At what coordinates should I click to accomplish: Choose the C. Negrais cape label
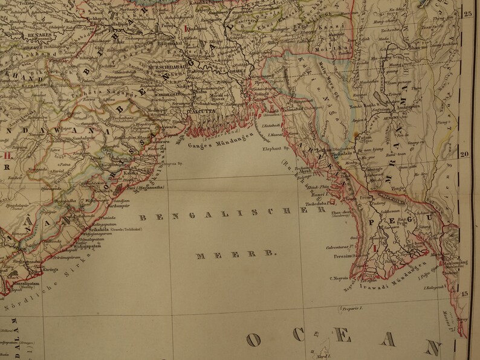[338, 277]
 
